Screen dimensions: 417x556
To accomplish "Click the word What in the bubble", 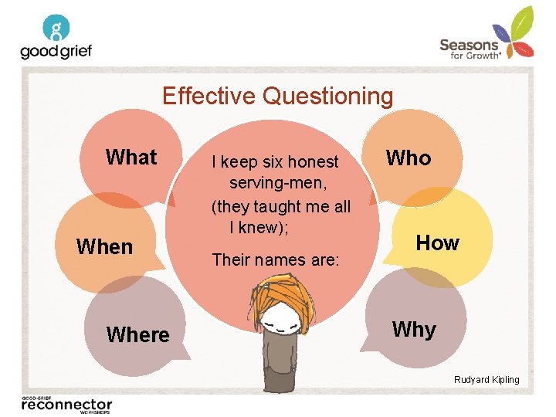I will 131,157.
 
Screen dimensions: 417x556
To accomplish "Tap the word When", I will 104,247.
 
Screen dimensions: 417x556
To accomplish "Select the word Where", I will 137,334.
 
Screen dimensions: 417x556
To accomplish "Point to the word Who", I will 409,158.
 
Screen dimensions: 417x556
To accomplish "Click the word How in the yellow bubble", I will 437,243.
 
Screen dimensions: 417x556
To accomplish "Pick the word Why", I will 414,330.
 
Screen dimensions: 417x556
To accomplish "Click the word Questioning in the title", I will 327,97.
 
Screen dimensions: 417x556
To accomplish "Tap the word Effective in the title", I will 209,97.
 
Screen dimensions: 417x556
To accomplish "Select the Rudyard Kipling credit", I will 486,379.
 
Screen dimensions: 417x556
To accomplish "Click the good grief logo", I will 56,39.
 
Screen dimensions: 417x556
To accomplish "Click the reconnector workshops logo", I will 67,405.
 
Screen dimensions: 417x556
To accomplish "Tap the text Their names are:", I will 276,259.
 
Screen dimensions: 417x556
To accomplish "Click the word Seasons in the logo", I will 469,45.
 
